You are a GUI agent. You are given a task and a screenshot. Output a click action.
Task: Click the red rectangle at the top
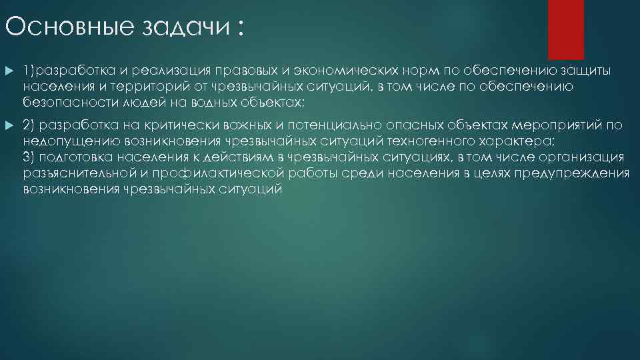pyautogui.click(x=565, y=29)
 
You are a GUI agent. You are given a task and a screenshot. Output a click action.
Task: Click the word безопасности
pyautogui.click(x=68, y=102)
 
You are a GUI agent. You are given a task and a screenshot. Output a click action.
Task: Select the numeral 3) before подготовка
pyautogui.click(x=29, y=157)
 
